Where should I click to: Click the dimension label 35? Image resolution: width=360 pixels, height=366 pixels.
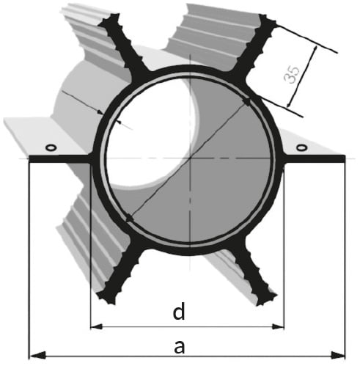[x=292, y=74]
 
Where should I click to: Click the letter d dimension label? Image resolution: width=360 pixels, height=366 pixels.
[x=179, y=312]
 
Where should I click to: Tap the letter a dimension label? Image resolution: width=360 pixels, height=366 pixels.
[x=179, y=346]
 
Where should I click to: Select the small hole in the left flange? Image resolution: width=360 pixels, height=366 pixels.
[x=51, y=147]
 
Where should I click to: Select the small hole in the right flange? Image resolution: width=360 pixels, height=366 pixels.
[x=301, y=147]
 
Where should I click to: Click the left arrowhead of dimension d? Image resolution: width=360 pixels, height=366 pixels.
[x=96, y=326]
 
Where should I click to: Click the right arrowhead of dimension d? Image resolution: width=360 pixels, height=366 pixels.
[x=278, y=326]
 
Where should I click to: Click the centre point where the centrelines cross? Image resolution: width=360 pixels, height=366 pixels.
[x=191, y=158]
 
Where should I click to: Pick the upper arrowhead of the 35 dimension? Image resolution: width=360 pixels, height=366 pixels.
[x=315, y=51]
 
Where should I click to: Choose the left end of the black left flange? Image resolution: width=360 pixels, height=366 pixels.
[x=29, y=158]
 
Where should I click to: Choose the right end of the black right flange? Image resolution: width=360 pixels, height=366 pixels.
[x=345, y=158]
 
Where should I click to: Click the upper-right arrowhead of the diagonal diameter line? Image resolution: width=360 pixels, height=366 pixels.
[x=246, y=101]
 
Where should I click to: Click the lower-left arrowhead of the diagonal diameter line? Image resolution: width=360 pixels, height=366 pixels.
[x=129, y=218]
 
